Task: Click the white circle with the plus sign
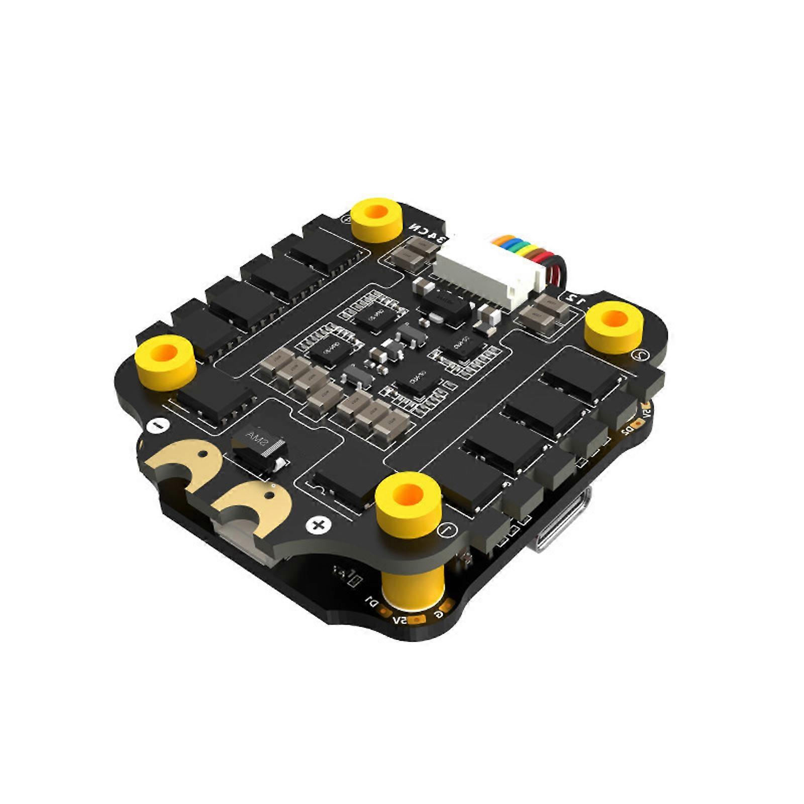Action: point(318,526)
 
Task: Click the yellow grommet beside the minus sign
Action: point(166,359)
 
